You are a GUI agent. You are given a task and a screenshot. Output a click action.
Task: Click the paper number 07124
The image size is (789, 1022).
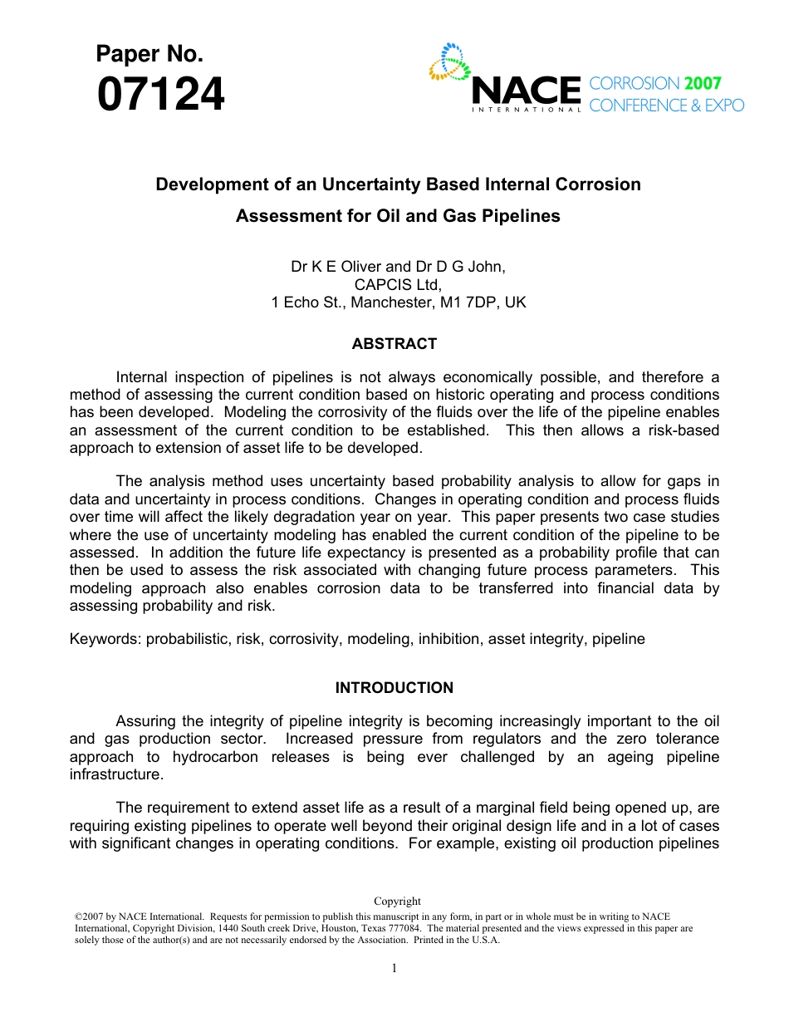[x=160, y=95]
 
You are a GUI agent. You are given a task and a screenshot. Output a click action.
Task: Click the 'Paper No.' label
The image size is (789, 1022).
[x=149, y=55]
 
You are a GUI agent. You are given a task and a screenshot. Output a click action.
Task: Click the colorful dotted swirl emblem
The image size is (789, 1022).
[x=449, y=63]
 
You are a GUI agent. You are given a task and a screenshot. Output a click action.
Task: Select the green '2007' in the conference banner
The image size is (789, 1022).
[x=703, y=83]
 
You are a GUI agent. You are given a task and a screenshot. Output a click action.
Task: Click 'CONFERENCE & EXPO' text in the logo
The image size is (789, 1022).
[x=666, y=106]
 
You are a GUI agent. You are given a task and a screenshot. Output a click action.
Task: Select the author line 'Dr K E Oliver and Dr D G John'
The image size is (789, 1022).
[x=398, y=267]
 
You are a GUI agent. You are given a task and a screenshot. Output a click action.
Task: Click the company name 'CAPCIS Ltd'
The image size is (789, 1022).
[x=397, y=285]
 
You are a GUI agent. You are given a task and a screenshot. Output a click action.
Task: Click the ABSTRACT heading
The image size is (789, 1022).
[x=394, y=344]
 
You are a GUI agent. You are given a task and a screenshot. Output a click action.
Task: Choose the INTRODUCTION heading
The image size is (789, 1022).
[x=394, y=688]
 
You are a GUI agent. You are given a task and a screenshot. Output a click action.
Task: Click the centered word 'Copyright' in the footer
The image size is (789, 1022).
[x=397, y=901]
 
